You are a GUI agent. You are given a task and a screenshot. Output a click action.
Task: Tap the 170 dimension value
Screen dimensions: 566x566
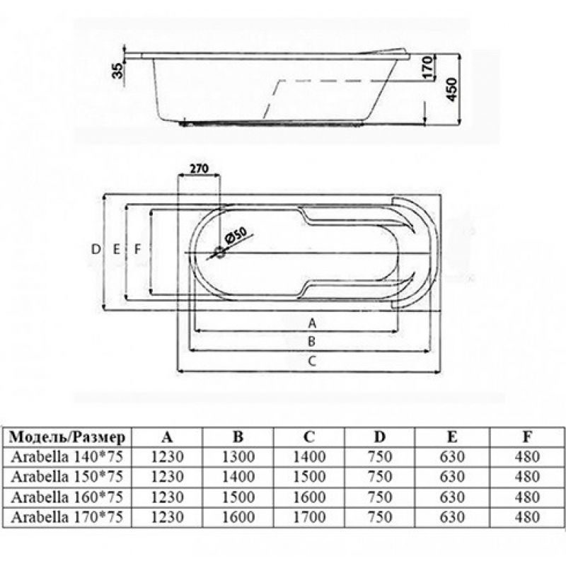coord(427,67)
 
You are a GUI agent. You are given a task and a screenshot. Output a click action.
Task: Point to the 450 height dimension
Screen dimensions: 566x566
coord(451,89)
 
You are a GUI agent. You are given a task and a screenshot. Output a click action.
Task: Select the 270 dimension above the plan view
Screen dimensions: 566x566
coord(199,168)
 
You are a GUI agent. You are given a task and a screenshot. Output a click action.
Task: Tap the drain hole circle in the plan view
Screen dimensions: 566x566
coord(220,253)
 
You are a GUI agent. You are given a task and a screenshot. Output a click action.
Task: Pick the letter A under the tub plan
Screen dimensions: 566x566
coord(312,323)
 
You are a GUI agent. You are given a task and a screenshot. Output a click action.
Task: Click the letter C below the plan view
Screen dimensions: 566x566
coord(312,361)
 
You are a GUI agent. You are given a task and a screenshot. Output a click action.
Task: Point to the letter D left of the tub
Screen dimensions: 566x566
coord(96,249)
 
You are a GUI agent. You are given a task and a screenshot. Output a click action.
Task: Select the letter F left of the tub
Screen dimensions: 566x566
coord(137,249)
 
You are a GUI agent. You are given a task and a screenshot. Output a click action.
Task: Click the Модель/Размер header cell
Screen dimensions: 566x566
coord(67,437)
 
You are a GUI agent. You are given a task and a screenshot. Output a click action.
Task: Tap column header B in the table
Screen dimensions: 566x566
coord(238,437)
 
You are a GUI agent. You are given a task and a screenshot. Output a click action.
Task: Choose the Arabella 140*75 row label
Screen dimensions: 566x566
coord(67,457)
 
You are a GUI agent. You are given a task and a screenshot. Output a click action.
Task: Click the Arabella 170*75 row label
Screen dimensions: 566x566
coord(67,517)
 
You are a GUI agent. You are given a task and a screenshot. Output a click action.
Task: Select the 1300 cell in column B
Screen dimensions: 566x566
coord(238,457)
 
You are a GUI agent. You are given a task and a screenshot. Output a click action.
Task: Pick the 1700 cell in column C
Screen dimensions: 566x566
coord(309,517)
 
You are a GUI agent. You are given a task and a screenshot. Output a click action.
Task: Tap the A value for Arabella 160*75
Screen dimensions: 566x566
coord(167,497)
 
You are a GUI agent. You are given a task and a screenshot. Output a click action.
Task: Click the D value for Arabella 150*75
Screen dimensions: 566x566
coord(380,477)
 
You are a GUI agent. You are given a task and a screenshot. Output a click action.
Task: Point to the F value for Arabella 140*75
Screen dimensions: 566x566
coord(527,457)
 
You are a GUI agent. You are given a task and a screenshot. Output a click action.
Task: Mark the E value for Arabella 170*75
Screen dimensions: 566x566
coord(452,517)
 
